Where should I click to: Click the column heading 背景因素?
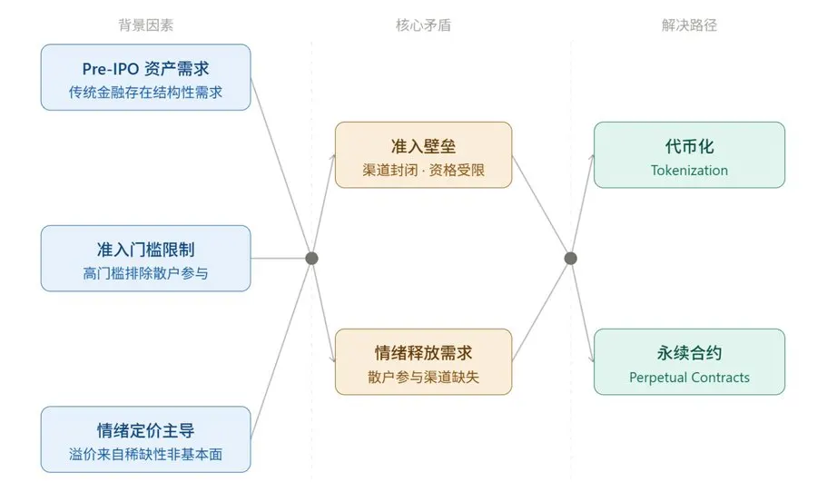pyautogui.click(x=145, y=25)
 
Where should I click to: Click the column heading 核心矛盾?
pyautogui.click(x=423, y=25)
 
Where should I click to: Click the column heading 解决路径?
pyautogui.click(x=689, y=25)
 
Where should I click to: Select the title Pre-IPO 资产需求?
pyautogui.click(x=145, y=69)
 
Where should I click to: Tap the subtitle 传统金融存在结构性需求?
pyautogui.click(x=145, y=92)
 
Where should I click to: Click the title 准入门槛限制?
pyautogui.click(x=145, y=250)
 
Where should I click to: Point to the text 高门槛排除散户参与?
pyautogui.click(x=145, y=272)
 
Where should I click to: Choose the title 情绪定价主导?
pyautogui.click(x=145, y=430)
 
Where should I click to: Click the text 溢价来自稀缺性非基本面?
pyautogui.click(x=145, y=453)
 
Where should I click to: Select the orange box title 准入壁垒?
pyautogui.click(x=423, y=146)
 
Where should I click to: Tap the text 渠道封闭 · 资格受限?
pyautogui.click(x=423, y=169)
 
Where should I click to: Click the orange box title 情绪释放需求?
pyautogui.click(x=423, y=353)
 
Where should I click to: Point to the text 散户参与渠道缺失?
pyautogui.click(x=423, y=376)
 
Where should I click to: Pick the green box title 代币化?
pyautogui.click(x=689, y=146)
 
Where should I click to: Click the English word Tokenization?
pyautogui.click(x=689, y=170)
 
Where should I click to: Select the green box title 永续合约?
pyautogui.click(x=689, y=353)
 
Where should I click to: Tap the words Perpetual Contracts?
pyautogui.click(x=689, y=377)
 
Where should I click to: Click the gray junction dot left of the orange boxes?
pyautogui.click(x=311, y=259)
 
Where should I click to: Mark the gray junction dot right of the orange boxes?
pyautogui.click(x=570, y=259)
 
